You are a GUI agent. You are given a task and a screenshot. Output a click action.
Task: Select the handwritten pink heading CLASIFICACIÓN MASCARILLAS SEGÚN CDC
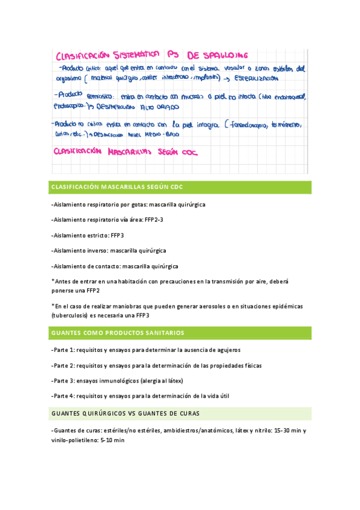130,153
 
